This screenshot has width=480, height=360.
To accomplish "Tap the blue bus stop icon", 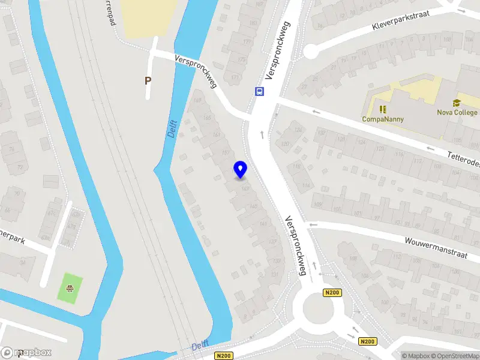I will tap(259, 92).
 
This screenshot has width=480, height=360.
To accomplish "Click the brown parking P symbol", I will tap(148, 80).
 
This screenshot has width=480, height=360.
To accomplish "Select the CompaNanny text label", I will tap(383, 119).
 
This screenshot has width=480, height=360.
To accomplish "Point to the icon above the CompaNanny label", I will tap(383, 109).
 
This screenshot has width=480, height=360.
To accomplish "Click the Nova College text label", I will tap(457, 112).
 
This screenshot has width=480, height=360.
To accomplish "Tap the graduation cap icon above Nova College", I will tap(457, 103).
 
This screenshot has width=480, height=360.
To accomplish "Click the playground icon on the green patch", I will tap(71, 287).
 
